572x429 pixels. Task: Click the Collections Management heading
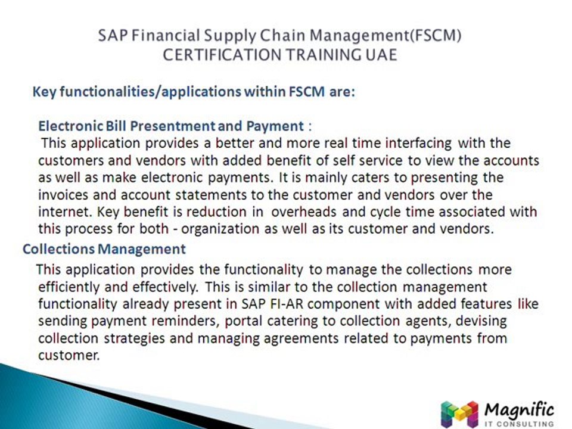coord(104,249)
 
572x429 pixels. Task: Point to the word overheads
coord(307,212)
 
